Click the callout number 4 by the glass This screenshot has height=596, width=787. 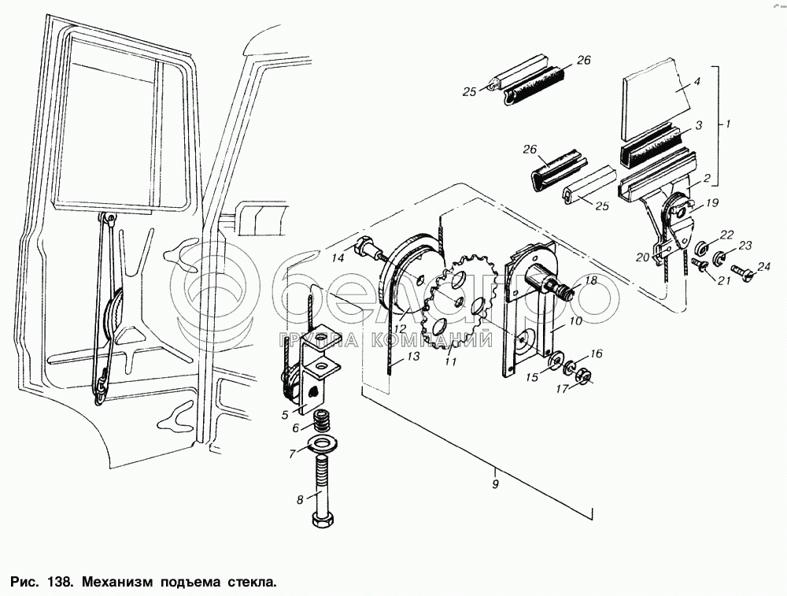[x=696, y=81]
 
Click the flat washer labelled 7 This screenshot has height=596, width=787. [x=323, y=442]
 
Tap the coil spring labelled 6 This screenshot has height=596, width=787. [x=321, y=421]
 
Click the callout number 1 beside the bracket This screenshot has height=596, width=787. [x=729, y=124]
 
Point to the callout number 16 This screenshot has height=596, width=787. [x=597, y=354]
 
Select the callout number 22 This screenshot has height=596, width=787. [x=726, y=234]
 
